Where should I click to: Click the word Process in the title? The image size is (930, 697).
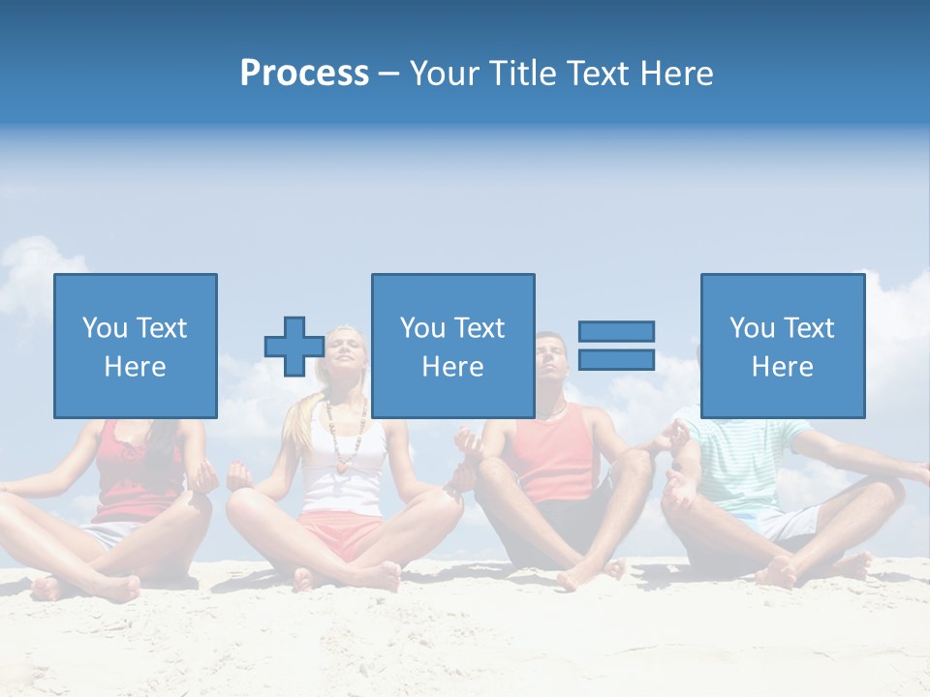[x=304, y=74]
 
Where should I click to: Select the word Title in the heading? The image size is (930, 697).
[x=523, y=74]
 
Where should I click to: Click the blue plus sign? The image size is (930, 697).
[x=294, y=347]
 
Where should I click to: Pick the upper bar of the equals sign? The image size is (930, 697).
[x=616, y=332]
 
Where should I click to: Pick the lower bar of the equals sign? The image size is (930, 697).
[x=616, y=360]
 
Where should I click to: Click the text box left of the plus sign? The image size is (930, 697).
[x=136, y=346]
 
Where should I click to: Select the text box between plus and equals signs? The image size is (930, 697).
[x=452, y=346]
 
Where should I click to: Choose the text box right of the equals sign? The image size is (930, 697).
[x=783, y=346]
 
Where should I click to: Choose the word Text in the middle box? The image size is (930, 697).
[x=479, y=328]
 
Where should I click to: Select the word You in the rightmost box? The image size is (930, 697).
[x=752, y=328]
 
